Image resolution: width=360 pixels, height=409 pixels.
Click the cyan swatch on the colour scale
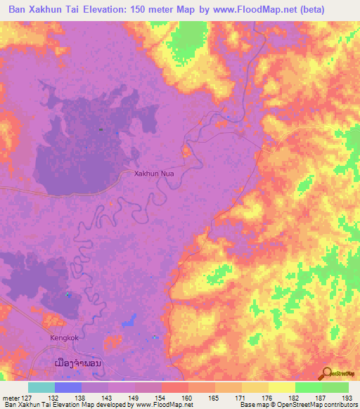pos(41,387)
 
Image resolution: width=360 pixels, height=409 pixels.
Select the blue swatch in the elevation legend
pos(68,387)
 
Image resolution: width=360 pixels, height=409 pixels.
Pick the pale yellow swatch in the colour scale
pos(282,387)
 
